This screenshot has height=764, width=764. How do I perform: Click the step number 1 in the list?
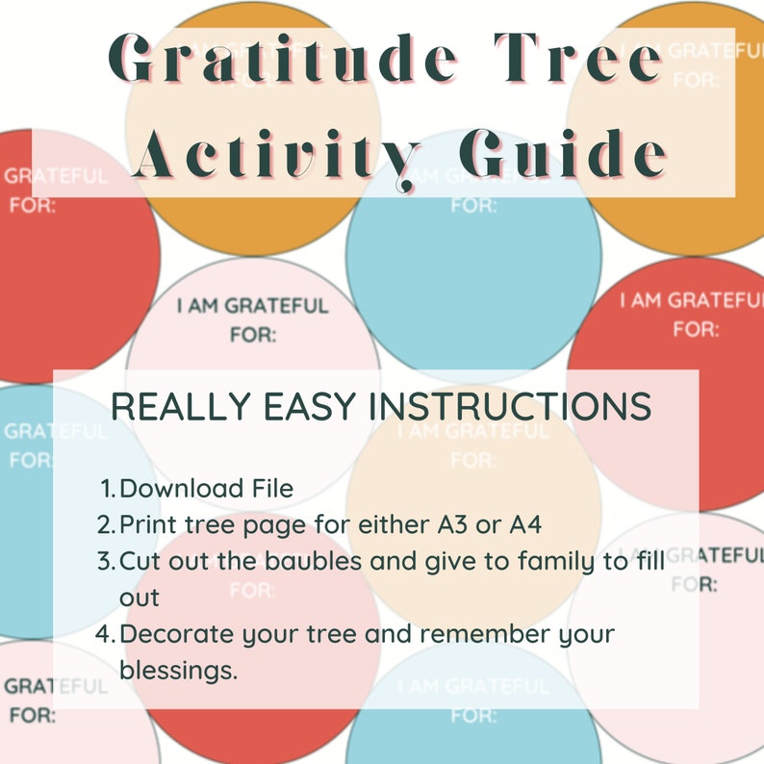tap(107, 489)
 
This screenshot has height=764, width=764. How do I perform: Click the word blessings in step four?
tap(178, 669)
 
